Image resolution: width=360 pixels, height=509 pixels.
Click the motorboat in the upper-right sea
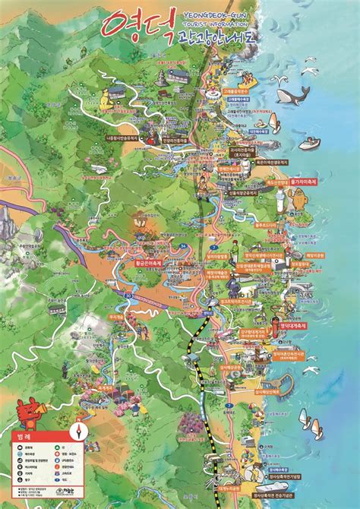[x=309, y=143]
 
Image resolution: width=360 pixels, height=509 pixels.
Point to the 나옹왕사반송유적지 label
[x=122, y=138]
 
